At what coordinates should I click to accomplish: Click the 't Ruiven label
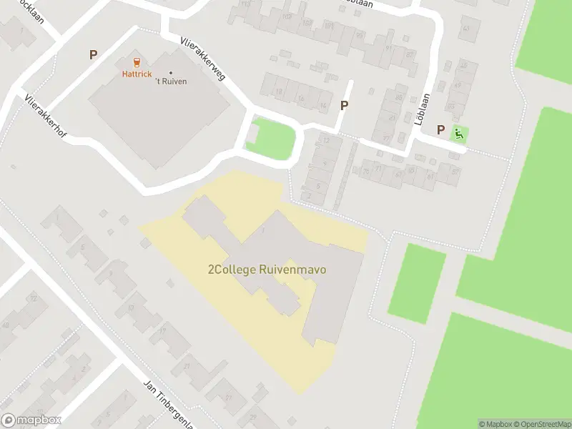point(172,82)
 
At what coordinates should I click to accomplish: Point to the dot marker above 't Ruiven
point(171,73)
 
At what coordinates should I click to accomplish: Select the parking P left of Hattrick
point(93,54)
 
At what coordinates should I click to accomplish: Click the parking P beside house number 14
point(344,106)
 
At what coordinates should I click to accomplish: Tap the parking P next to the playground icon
point(440,131)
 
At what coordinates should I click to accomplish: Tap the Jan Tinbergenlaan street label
point(170,405)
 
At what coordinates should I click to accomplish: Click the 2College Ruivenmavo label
point(266,270)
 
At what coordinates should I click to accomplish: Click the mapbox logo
point(31,420)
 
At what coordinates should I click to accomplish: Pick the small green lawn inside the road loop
point(270,139)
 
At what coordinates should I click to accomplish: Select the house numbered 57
point(449,172)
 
